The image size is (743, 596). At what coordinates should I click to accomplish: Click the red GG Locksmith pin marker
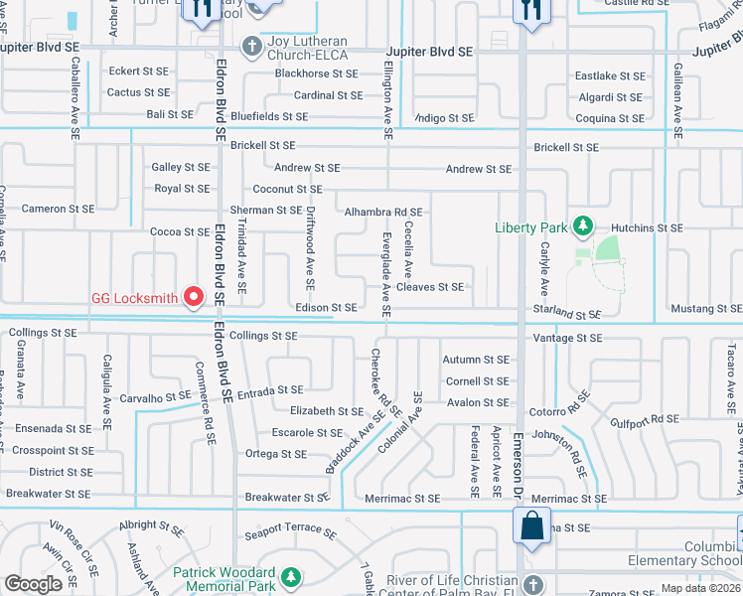click(x=194, y=297)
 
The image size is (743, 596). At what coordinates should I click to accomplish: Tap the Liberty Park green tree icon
click(x=583, y=227)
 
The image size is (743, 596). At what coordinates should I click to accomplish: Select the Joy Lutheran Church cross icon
click(x=252, y=44)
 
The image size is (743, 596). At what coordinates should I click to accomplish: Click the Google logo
click(x=33, y=584)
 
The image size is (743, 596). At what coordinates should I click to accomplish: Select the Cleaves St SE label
click(x=429, y=287)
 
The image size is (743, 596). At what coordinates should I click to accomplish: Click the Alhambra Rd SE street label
click(x=382, y=212)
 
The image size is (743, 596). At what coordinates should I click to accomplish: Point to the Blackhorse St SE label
click(x=316, y=74)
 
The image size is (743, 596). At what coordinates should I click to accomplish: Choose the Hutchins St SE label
click(x=647, y=227)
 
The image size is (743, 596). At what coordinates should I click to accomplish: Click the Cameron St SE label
click(x=58, y=209)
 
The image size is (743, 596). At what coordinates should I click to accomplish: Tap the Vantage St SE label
click(x=567, y=338)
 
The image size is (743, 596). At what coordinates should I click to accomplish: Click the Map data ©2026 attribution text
click(x=700, y=588)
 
